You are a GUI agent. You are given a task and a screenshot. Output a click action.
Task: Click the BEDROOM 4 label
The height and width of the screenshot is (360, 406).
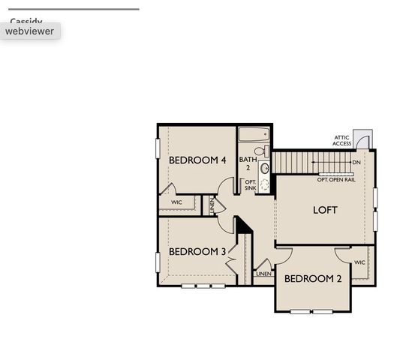click(x=197, y=160)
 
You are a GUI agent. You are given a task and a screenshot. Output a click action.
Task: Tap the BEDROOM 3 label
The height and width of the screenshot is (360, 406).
click(x=197, y=251)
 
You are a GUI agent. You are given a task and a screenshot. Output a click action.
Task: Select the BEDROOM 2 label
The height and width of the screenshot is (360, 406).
click(x=313, y=279)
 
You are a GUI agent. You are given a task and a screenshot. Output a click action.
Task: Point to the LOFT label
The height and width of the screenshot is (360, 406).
click(x=325, y=210)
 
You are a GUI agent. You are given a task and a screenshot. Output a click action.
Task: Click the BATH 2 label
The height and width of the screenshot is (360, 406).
click(x=248, y=163)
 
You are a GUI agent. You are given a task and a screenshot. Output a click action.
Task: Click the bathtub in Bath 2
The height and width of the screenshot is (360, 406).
click(x=254, y=135)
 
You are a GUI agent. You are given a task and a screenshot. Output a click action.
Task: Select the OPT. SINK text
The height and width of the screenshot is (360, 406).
click(x=250, y=184)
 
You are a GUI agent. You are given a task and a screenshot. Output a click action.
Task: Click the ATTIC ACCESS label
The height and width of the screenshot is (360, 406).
click(x=341, y=141)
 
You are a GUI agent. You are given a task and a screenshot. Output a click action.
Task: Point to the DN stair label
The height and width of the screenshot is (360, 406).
click(x=356, y=163)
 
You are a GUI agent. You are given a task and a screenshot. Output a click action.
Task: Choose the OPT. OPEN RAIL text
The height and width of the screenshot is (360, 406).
click(x=336, y=180)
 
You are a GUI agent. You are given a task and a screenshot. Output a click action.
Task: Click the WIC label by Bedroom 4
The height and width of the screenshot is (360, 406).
click(x=176, y=202)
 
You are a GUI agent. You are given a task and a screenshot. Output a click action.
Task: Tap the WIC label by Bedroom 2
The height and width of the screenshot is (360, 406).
click(x=359, y=262)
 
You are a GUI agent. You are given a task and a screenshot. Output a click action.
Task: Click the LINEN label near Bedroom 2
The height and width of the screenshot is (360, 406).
click(x=263, y=274)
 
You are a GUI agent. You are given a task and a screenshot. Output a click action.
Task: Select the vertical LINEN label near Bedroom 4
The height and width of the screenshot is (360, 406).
click(x=212, y=204)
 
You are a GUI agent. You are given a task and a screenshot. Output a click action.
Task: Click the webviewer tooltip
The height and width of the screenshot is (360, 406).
click(x=30, y=31)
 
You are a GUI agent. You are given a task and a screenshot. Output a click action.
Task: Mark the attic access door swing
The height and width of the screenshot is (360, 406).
click(x=365, y=139)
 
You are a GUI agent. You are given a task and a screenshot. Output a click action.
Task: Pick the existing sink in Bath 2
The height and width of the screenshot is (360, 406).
click(x=264, y=168)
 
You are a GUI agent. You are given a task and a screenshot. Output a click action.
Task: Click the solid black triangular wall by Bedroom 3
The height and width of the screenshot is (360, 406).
click(x=242, y=225)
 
